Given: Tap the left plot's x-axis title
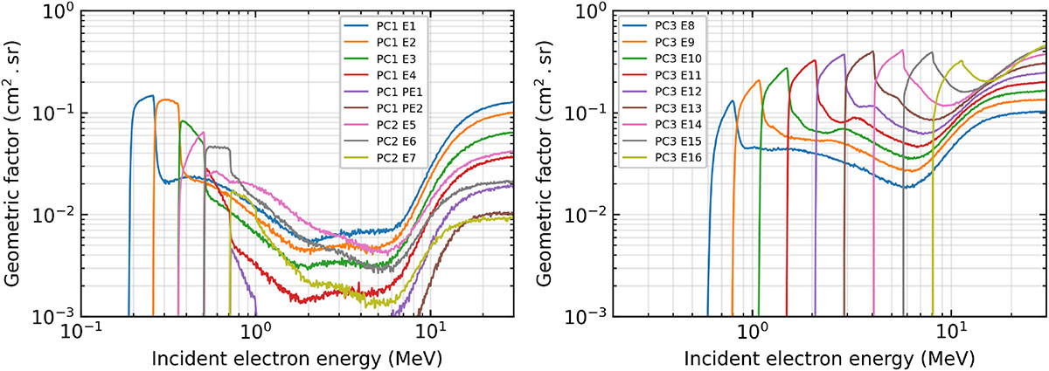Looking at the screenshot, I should (x=296, y=359).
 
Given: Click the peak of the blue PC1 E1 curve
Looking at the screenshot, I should (x=152, y=96).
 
